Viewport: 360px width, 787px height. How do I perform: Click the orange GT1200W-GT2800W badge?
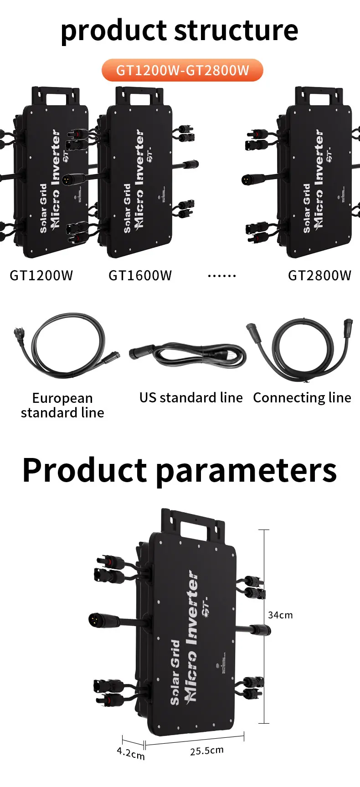pyautogui.click(x=182, y=71)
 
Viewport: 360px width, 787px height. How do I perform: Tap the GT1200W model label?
pyautogui.click(x=41, y=276)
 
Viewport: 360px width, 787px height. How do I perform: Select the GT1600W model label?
pyautogui.click(x=140, y=276)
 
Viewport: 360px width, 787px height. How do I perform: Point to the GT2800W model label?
pyautogui.click(x=319, y=276)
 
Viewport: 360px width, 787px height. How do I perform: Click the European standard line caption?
pyautogui.click(x=62, y=405)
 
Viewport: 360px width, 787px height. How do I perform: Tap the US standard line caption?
pyautogui.click(x=191, y=398)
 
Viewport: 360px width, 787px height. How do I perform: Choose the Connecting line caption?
pyautogui.click(x=302, y=398)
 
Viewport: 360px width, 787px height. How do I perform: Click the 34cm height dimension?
pyautogui.click(x=280, y=615)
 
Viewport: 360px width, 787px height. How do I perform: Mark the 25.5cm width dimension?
pyautogui.click(x=207, y=751)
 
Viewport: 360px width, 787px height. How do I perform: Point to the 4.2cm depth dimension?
pyautogui.click(x=131, y=752)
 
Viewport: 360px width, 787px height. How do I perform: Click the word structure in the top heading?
pyautogui.click(x=236, y=31)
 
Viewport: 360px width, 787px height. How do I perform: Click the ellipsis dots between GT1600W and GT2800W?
pyautogui.click(x=222, y=276)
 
